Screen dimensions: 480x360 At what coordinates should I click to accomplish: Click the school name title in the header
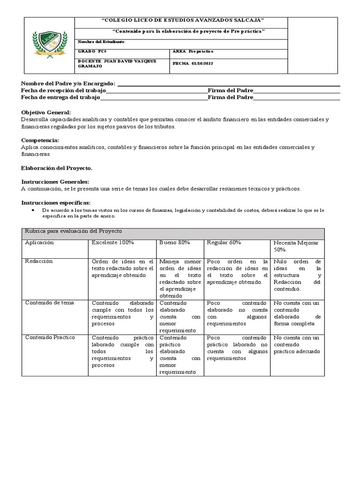pyautogui.click(x=183, y=21)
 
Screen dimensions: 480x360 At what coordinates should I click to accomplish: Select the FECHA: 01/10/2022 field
pyautogui.click(x=193, y=63)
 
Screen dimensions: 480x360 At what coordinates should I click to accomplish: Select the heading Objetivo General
pyautogui.click(x=46, y=112)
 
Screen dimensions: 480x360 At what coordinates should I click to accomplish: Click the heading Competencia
pyautogui.click(x=40, y=140)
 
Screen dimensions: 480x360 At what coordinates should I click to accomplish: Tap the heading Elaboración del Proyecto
pyautogui.click(x=57, y=167)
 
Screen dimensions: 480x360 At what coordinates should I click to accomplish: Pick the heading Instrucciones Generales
pyautogui.click(x=55, y=181)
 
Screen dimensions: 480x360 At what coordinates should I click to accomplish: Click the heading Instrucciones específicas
pyautogui.click(x=56, y=202)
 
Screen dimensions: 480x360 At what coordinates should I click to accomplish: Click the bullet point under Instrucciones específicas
pyautogui.click(x=33, y=210)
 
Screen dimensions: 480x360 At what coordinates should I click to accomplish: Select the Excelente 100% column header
pyautogui.click(x=113, y=242)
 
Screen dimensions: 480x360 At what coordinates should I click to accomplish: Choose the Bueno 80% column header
pyautogui.click(x=174, y=242)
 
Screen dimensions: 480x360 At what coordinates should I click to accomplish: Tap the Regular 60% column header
pyautogui.click(x=224, y=242)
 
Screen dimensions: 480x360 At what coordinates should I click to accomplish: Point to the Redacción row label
pyautogui.click(x=39, y=261)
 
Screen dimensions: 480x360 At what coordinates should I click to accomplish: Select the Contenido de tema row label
pyautogui.click(x=49, y=303)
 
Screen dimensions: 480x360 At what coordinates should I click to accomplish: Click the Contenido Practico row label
pyautogui.click(x=50, y=337)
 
